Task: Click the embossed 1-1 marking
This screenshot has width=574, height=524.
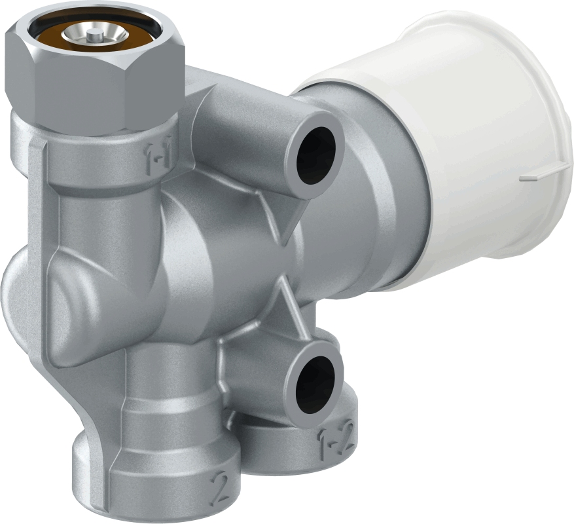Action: (159, 156)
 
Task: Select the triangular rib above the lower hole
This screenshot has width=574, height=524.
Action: (286, 303)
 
